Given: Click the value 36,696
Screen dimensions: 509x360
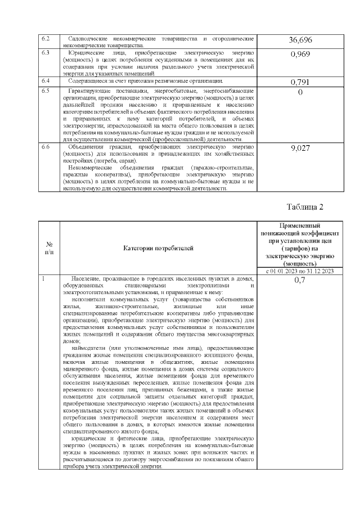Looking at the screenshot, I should click(300, 40).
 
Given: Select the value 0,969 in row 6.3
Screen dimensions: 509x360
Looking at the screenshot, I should click(300, 55).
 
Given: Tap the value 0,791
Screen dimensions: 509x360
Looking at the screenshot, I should click(300, 82).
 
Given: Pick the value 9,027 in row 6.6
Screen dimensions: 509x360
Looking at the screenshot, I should click(300, 149).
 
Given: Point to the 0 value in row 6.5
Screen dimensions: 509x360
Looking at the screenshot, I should click(300, 92).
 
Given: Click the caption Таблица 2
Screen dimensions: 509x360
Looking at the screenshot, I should click(305, 206).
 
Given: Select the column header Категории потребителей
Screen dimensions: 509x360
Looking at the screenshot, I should click(158, 247).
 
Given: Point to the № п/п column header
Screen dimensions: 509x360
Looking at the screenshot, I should click(49, 247).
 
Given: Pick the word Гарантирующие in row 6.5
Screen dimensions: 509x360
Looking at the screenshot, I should click(88, 91).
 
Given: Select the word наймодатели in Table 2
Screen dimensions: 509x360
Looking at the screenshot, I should click(89, 349).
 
